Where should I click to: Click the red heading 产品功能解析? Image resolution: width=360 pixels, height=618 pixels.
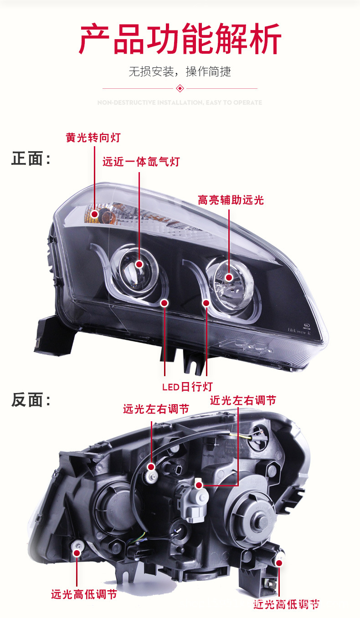pyautogui.click(x=180, y=39)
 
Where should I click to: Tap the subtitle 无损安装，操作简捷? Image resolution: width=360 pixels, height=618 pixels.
pyautogui.click(x=180, y=72)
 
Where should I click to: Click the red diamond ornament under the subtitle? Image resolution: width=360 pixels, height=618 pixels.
pyautogui.click(x=180, y=88)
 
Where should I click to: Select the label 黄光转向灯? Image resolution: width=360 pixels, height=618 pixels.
pyautogui.click(x=93, y=137)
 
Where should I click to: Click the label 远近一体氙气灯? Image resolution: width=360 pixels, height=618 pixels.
pyautogui.click(x=141, y=161)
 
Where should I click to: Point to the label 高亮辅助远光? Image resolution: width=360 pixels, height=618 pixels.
pyautogui.click(x=231, y=199)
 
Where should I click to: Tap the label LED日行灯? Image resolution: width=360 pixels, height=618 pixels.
pyautogui.click(x=187, y=387)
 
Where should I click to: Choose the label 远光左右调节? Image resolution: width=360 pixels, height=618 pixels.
pyautogui.click(x=156, y=409)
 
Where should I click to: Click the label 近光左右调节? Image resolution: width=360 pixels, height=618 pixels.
pyautogui.click(x=243, y=400)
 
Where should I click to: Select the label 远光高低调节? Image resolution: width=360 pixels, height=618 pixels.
pyautogui.click(x=84, y=594)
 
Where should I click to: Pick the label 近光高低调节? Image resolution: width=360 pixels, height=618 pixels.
pyautogui.click(x=286, y=604)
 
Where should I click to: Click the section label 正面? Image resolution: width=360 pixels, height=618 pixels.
pyautogui.click(x=31, y=159)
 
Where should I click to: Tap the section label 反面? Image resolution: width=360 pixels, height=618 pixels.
pyautogui.click(x=31, y=400)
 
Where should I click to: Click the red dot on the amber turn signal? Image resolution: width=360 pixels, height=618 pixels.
pyautogui.click(x=94, y=214)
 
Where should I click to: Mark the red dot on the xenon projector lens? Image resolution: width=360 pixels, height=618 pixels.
pyautogui.click(x=140, y=264)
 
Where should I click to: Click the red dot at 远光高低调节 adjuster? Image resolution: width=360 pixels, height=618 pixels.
pyautogui.click(x=77, y=553)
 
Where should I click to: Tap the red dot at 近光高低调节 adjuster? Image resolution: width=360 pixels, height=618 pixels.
pyautogui.click(x=279, y=563)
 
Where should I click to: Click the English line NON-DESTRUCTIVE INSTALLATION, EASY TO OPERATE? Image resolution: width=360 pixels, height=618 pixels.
pyautogui.click(x=180, y=102)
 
